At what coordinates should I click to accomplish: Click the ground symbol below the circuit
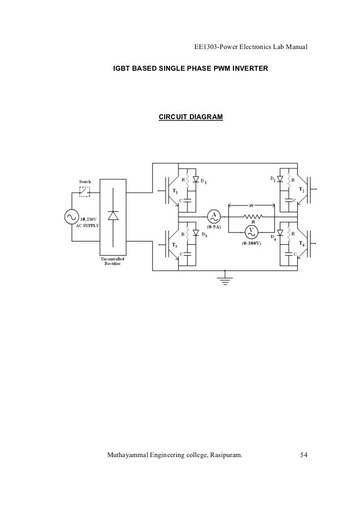point(225,278)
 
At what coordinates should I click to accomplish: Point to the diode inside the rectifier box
point(113,216)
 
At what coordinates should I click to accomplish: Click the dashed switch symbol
point(85,191)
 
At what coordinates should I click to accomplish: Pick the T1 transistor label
point(175,191)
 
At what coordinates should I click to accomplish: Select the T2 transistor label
point(302,190)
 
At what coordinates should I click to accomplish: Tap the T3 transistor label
point(175,245)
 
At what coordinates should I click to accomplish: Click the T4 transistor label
point(302,244)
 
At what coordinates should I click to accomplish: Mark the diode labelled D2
point(280,179)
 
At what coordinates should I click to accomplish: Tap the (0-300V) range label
point(252,243)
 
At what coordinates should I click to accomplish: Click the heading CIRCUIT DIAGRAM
point(190,117)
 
